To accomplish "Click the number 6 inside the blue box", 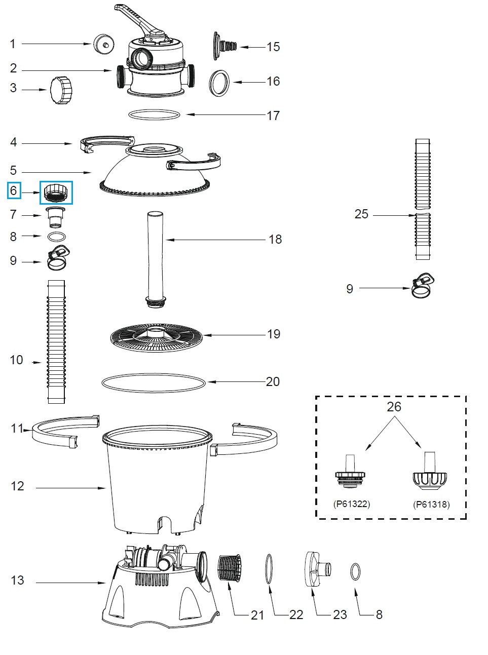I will tap(14, 190).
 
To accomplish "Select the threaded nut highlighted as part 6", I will tap(56, 193).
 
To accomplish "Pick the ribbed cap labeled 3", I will tap(62, 90).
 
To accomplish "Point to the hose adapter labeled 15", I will tap(225, 45).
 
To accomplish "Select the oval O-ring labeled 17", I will tap(154, 115).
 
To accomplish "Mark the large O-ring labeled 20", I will tap(154, 383).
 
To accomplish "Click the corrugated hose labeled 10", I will tap(56, 341).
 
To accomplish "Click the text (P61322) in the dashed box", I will tap(352, 504).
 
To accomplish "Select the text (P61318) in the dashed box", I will tap(431, 504).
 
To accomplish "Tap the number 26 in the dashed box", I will tap(394, 406).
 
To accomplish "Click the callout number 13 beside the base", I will tap(17, 580).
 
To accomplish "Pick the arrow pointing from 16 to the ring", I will tap(248, 82).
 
